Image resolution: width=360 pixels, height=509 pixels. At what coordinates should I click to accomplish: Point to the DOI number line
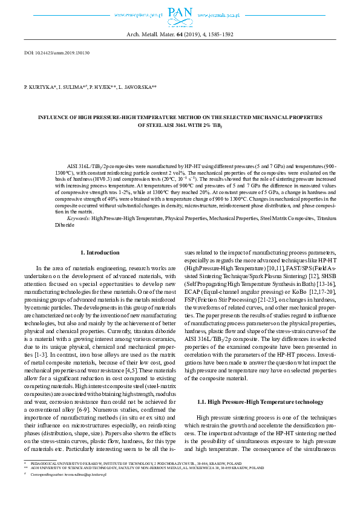pyautogui.click(x=57, y=53)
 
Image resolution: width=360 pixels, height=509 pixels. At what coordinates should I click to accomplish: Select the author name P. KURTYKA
pyautogui.click(x=40, y=88)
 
